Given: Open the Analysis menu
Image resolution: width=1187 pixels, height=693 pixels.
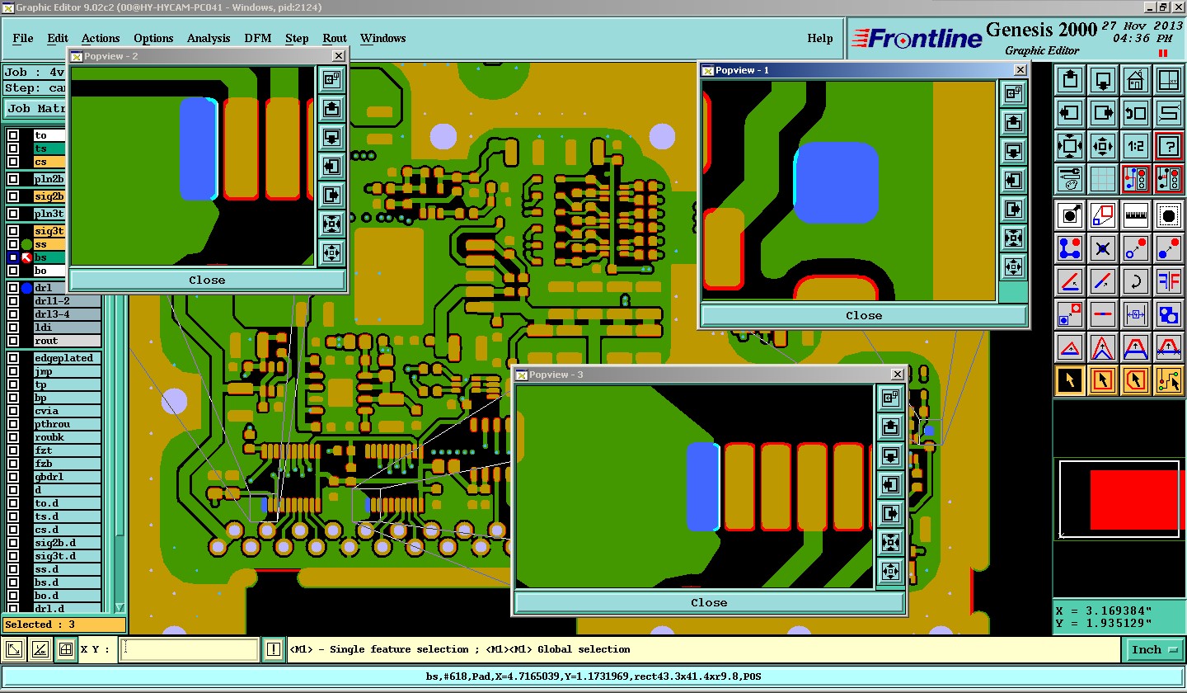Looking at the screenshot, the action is pyautogui.click(x=209, y=38).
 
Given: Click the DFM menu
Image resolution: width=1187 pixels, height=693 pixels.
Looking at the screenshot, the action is pyautogui.click(x=257, y=38).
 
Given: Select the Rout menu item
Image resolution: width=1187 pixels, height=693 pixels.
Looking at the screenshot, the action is pyautogui.click(x=335, y=38).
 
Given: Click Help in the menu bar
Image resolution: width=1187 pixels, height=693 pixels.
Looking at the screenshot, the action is pyautogui.click(x=819, y=38).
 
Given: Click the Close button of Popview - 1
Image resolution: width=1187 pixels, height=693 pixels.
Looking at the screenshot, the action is pyautogui.click(x=864, y=315).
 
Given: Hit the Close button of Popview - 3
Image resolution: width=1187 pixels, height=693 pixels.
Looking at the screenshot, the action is pyautogui.click(x=709, y=602).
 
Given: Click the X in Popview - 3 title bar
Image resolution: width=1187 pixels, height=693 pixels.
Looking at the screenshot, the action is pyautogui.click(x=897, y=375).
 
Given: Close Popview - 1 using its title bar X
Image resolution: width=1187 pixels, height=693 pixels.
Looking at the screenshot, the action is pyautogui.click(x=1020, y=70).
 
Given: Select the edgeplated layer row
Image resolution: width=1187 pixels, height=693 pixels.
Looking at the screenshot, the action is pyautogui.click(x=63, y=358).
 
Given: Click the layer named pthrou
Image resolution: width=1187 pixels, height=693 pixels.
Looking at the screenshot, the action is pyautogui.click(x=52, y=424).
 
